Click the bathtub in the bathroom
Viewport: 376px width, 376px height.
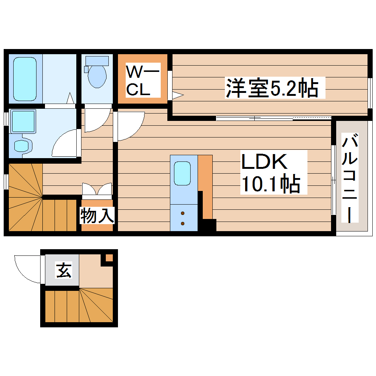25,79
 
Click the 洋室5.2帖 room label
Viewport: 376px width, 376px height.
272,88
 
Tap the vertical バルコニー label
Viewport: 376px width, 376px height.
350,179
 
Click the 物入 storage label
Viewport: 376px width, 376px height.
97,216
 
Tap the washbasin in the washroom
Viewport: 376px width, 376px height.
22,145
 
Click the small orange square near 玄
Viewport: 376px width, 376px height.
109,258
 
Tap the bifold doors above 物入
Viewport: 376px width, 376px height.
97,189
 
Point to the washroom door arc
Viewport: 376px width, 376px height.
65,144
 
